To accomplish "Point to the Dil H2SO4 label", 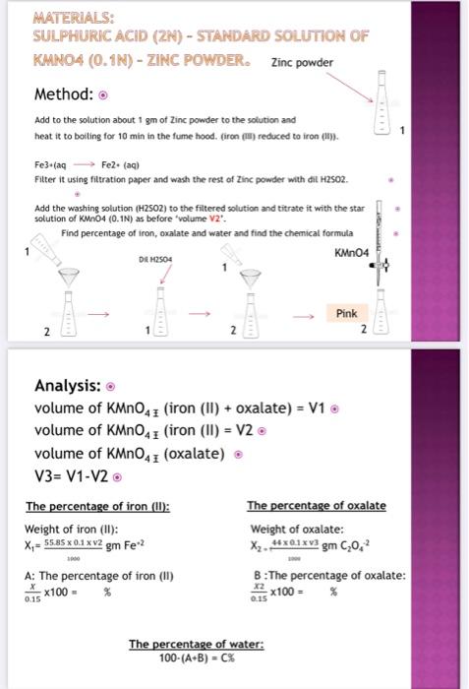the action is pyautogui.click(x=157, y=259).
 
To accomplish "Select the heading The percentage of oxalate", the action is pyautogui.click(x=316, y=506).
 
